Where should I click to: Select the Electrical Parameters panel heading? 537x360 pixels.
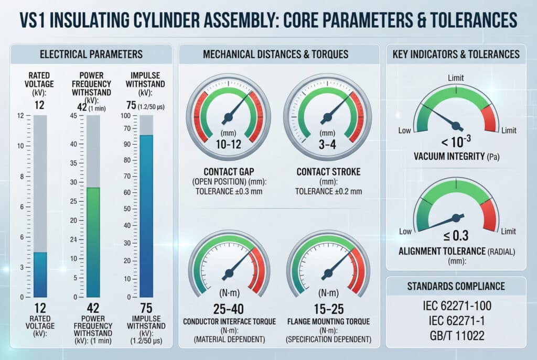91,54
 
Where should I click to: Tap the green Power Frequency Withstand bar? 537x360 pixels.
93,241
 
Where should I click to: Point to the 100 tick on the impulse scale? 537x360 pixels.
125,115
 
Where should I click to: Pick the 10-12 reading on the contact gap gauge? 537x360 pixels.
228,144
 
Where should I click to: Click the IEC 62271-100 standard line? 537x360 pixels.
456,305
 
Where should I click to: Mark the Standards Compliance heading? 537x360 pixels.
456,286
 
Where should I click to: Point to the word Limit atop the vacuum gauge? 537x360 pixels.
456,78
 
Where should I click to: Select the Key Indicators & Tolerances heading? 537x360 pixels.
456,54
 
